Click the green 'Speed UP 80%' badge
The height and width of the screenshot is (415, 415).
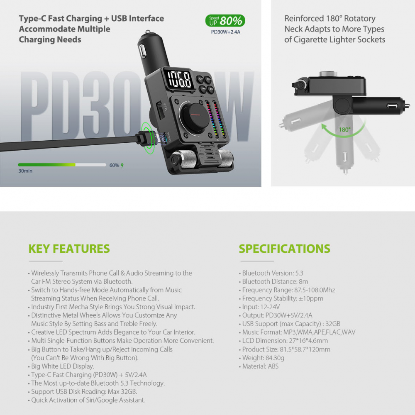[225, 21]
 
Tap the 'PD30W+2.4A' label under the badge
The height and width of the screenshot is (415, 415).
[225, 32]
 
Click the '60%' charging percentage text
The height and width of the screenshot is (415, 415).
[115, 165]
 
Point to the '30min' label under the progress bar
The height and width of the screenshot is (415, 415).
[25, 171]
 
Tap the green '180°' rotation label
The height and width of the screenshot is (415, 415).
[344, 129]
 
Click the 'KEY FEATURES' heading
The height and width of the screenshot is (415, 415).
[69, 249]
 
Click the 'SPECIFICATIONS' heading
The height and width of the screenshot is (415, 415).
[285, 249]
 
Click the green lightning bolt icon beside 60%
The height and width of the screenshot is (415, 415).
[122, 166]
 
